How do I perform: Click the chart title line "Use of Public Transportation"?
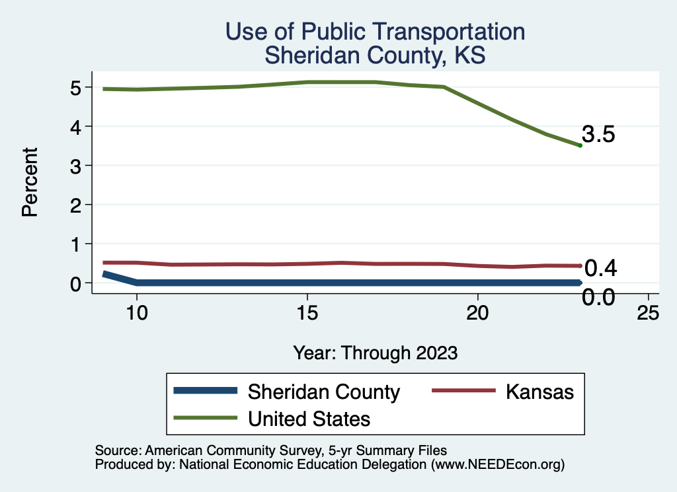pyautogui.click(x=375, y=32)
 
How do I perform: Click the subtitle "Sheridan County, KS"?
pyautogui.click(x=375, y=55)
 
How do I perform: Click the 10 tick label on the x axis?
pyautogui.click(x=136, y=314)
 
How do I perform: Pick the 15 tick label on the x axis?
pyautogui.click(x=307, y=314)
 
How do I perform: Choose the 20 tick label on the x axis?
pyautogui.click(x=477, y=314)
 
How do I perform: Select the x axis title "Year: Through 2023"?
pyautogui.click(x=375, y=353)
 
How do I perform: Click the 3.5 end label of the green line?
pyautogui.click(x=598, y=135)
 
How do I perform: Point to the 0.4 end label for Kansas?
pyautogui.click(x=601, y=268)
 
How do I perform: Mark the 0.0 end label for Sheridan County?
pyautogui.click(x=598, y=298)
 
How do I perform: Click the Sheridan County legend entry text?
pyautogui.click(x=323, y=392)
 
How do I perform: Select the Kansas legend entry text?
pyautogui.click(x=539, y=392)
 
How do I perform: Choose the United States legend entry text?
pyautogui.click(x=309, y=419)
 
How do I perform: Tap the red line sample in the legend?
pyautogui.click(x=463, y=391)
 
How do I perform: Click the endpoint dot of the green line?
pyautogui.click(x=580, y=145)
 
